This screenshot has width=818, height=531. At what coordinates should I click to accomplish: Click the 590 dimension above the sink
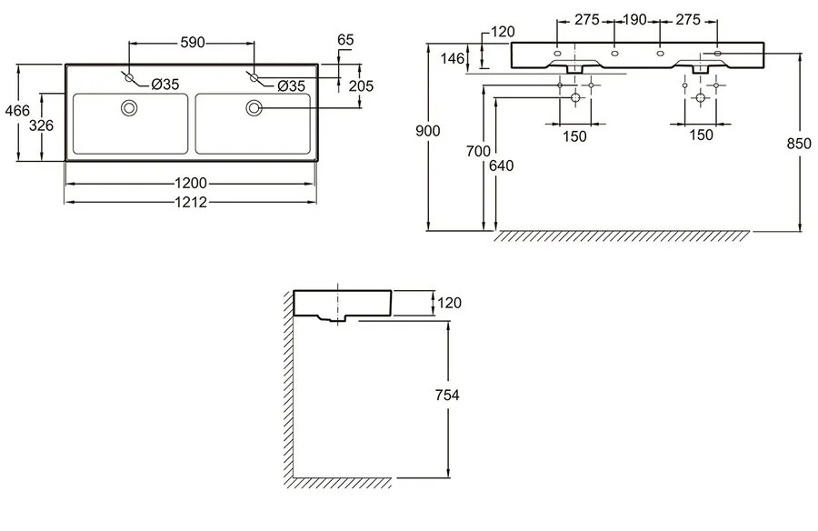coord(191,42)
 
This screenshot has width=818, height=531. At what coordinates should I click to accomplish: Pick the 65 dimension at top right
coord(345,39)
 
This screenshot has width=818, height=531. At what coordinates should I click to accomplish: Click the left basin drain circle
coord(129,109)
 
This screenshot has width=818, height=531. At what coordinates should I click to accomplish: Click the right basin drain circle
coord(254,109)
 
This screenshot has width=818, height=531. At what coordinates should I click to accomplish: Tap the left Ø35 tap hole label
coord(165,85)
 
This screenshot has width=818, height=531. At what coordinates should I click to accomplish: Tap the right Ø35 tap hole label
coord(290,85)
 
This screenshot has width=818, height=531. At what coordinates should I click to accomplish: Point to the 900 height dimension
coord(429,131)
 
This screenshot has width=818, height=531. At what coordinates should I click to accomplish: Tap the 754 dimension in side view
coord(447,395)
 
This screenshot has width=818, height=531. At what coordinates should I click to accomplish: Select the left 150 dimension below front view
coord(574,135)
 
